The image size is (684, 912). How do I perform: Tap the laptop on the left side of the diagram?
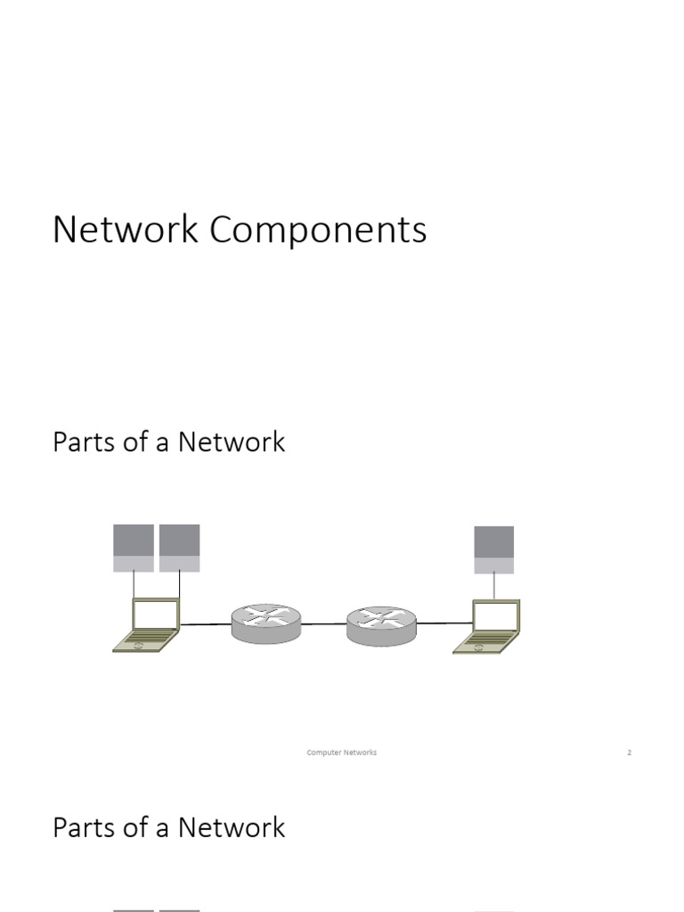click(148, 625)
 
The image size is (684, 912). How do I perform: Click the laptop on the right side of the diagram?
click(487, 627)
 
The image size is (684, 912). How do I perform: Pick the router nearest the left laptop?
click(266, 623)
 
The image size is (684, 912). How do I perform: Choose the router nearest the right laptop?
click(381, 625)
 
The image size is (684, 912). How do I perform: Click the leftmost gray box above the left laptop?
click(134, 548)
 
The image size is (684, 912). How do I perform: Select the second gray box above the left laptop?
click(179, 548)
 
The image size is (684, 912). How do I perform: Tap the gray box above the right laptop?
click(494, 550)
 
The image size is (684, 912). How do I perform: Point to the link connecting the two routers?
click(324, 624)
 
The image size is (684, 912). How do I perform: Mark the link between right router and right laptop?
click(444, 624)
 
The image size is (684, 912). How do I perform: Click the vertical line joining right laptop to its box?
click(494, 586)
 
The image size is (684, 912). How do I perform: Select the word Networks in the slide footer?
click(360, 753)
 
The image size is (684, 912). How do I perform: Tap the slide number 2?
click(629, 753)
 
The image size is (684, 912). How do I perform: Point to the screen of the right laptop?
click(495, 615)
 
